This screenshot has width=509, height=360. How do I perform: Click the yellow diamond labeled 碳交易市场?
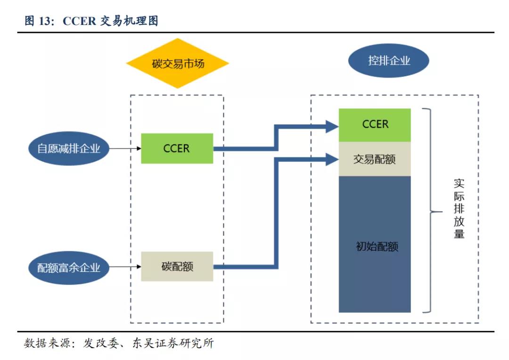pyautogui.click(x=177, y=64)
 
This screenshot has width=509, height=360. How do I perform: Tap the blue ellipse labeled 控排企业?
pyautogui.click(x=389, y=61)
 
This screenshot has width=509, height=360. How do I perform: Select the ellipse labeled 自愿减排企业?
pyautogui.click(x=69, y=149)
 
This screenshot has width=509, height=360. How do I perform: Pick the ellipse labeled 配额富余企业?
pyautogui.click(x=69, y=268)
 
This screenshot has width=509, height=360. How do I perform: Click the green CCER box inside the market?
pyautogui.click(x=177, y=148)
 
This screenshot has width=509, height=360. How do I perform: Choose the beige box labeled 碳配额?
pyautogui.click(x=177, y=267)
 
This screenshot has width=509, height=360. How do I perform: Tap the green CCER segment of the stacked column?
pyautogui.click(x=375, y=124)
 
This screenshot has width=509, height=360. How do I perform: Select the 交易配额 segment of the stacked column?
pyautogui.click(x=375, y=159)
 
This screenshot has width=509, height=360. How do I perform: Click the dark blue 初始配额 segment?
pyautogui.click(x=375, y=245)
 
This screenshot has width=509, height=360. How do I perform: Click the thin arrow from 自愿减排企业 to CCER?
pyautogui.click(x=125, y=148)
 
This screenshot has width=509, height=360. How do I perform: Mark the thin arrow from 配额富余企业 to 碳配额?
pyautogui.click(x=125, y=267)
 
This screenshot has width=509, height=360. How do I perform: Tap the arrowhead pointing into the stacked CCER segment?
pyautogui.click(x=332, y=125)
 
